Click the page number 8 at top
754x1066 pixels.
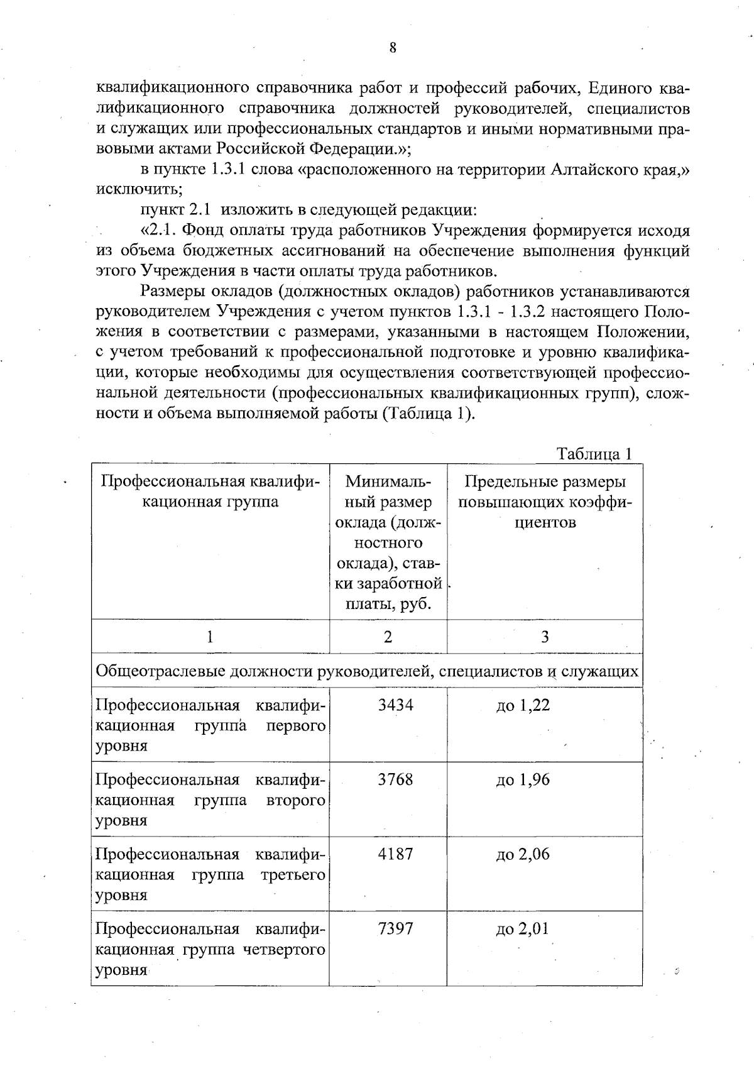(393, 48)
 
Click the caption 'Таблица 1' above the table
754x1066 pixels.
(594, 454)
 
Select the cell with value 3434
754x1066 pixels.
(395, 705)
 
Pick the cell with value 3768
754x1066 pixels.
(395, 780)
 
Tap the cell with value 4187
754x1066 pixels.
(395, 854)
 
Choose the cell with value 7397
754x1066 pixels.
(395, 928)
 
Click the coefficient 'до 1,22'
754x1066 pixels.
(523, 706)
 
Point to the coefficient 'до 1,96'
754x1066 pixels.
(523, 780)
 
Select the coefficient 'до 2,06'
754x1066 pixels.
(523, 854)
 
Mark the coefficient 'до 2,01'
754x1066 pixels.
(523, 928)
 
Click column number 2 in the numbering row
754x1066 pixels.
(388, 637)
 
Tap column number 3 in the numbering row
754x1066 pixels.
(545, 637)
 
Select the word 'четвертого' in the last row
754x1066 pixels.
(287, 949)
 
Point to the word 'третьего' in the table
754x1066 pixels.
(293, 875)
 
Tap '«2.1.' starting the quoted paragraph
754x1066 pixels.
(159, 231)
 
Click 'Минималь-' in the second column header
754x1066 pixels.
(388, 482)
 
